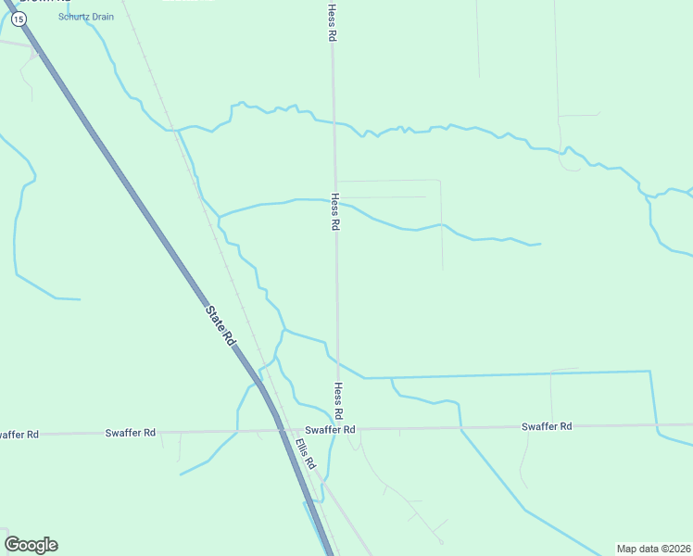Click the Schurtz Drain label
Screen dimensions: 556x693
86,17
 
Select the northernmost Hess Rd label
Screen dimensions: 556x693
332,22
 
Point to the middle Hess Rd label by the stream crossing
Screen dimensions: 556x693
334,212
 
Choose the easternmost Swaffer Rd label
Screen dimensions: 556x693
547,426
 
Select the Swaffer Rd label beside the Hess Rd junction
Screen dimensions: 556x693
331,430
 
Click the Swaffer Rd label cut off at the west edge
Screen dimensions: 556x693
19,434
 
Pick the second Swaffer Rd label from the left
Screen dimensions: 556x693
131,432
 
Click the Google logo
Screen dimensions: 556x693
31,545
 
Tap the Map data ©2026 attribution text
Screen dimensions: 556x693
653,549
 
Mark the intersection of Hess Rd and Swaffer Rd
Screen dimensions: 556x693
338,429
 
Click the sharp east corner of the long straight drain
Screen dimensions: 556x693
650,372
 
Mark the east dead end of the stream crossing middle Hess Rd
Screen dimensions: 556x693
540,244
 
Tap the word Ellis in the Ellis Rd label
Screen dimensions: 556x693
302,449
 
